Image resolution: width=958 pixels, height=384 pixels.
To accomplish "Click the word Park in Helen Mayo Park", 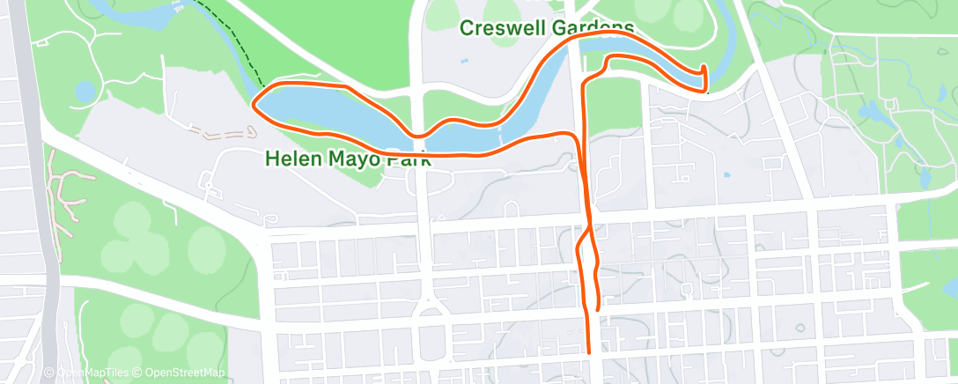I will coord(405,160).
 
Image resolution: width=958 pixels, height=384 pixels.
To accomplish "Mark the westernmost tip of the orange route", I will coord(255,103).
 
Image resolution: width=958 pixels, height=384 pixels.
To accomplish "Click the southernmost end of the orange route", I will coord(588,352).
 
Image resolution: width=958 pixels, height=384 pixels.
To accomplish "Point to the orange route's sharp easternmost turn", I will coord(704,69).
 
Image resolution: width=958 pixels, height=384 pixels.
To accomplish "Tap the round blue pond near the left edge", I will coord(85,91).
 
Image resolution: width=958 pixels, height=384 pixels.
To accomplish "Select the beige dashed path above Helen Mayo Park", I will coord(220,134).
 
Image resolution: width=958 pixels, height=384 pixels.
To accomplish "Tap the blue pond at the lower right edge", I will coord(949,288).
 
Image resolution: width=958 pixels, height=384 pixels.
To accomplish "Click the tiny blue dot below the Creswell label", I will coord(463,62).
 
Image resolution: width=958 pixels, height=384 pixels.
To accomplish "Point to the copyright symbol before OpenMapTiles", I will coord(49,373).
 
